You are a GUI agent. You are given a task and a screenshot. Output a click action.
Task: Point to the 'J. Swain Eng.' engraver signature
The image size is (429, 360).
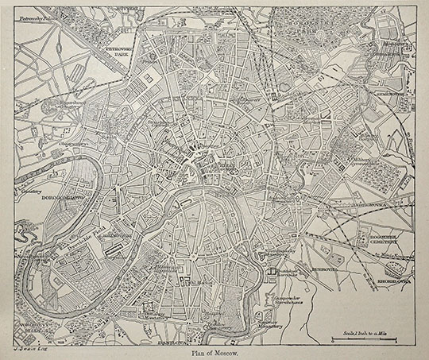(29, 348)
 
